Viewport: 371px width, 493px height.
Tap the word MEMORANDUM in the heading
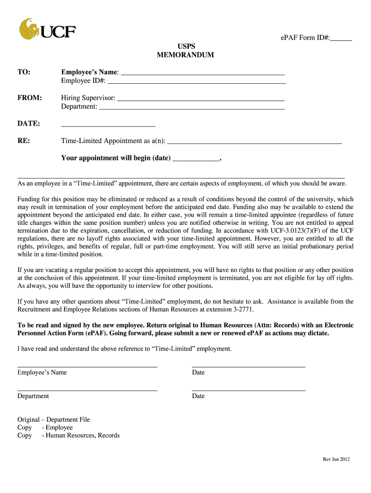click(x=185, y=55)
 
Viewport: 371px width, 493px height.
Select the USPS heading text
click(x=185, y=47)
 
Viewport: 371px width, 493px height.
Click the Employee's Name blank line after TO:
click(x=202, y=74)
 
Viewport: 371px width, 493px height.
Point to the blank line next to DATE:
click(x=108, y=125)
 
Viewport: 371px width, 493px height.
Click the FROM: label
click(x=30, y=98)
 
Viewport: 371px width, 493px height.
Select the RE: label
click(x=24, y=141)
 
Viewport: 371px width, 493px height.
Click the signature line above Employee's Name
click(x=87, y=366)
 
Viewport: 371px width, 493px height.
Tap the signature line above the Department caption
click(x=87, y=390)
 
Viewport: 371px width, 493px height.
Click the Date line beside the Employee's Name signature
click(x=248, y=366)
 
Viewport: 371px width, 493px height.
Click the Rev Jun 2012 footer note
click(x=336, y=459)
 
